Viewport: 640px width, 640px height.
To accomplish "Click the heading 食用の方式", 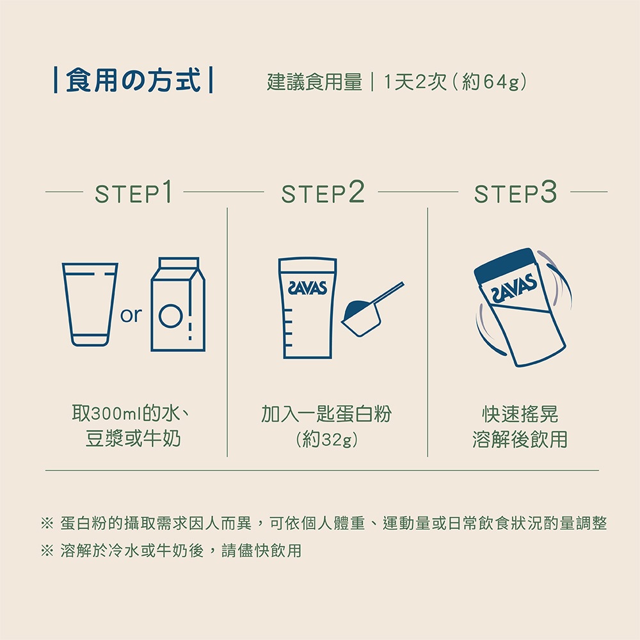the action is tap(133, 81).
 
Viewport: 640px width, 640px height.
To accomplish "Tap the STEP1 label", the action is tap(134, 192).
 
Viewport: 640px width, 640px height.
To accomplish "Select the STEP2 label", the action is tap(323, 192).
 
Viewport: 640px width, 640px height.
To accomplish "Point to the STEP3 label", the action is tap(515, 192).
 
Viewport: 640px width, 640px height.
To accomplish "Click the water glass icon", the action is tap(90, 305).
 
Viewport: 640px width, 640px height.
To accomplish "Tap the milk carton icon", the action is tap(178, 304).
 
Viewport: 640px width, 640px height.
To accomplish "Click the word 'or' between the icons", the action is tap(131, 315).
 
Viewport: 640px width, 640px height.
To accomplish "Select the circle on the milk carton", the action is tap(171, 316).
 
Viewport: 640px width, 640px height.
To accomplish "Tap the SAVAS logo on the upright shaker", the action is tap(307, 288).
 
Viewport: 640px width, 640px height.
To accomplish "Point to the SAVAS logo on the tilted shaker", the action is tap(515, 289).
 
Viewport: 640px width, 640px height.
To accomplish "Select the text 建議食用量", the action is tap(314, 82).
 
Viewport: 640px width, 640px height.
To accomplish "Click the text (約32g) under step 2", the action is tap(326, 440).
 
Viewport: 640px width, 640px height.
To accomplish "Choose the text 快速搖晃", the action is tap(520, 414).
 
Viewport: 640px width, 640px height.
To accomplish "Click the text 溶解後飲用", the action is tap(520, 439).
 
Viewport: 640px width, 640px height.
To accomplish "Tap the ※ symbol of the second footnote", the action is tap(47, 551).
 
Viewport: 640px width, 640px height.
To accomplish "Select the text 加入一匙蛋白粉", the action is tap(326, 414).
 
